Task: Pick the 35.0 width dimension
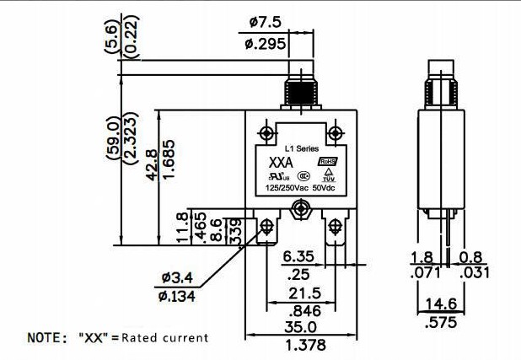tap(300, 328)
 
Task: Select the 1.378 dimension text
tap(300, 347)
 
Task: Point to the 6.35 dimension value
tap(298, 256)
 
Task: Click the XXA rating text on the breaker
tap(280, 162)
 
